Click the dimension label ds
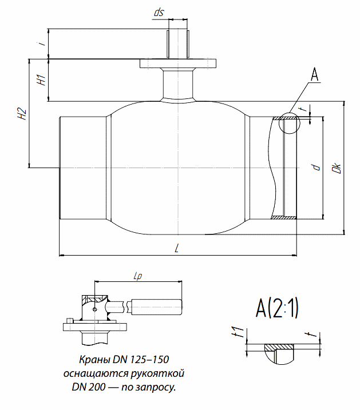pyautogui.click(x=159, y=12)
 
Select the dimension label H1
pyautogui.click(x=41, y=79)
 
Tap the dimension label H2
pyautogui.click(x=22, y=114)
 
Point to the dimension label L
pyautogui.click(x=177, y=248)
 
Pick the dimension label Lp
pyautogui.click(x=137, y=276)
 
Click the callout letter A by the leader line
pyautogui.click(x=314, y=74)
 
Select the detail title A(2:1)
pyautogui.click(x=277, y=309)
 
